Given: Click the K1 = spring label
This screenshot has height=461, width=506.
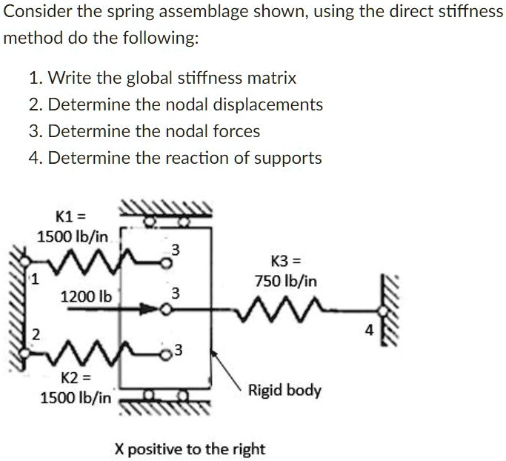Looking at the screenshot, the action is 71,216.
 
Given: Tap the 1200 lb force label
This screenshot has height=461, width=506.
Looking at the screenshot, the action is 86,296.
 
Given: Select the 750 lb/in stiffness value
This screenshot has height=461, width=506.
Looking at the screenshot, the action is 286,281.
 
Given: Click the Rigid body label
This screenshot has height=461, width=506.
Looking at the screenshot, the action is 284,391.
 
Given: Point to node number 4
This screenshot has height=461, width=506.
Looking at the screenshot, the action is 370,331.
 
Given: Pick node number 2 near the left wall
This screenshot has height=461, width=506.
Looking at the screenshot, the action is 36,335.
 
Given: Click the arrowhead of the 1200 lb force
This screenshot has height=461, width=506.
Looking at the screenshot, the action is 150,309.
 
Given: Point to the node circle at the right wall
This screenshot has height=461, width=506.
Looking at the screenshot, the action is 383,311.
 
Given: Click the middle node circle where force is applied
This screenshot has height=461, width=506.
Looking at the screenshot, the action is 165,310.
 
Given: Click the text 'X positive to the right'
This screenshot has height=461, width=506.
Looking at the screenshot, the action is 190,449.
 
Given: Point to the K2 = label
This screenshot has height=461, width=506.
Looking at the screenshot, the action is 76,377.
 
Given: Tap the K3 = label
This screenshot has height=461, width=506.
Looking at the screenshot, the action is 286,261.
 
